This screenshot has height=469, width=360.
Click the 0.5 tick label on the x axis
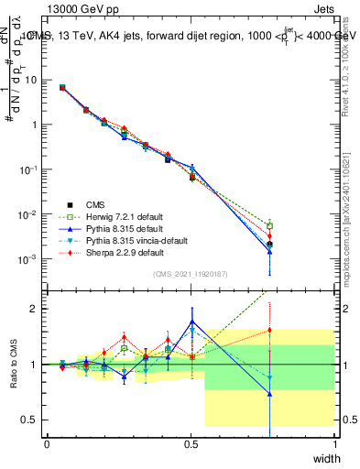191,443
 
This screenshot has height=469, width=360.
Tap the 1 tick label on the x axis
334,443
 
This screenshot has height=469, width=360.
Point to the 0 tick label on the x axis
47,443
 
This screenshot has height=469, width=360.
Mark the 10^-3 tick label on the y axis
29,260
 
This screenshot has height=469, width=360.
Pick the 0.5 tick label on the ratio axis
33,420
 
